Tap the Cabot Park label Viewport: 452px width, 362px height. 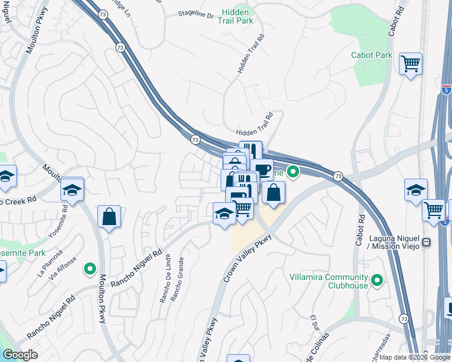pyautogui.click(x=372, y=55)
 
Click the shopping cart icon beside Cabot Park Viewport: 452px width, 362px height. pyautogui.click(x=411, y=63)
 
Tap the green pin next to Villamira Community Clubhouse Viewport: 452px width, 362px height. pyautogui.click(x=378, y=280)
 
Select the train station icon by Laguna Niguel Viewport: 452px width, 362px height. pyautogui.click(x=427, y=243)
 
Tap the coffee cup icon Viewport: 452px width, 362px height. pyautogui.click(x=262, y=170)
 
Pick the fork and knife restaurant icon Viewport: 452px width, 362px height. pyautogui.click(x=251, y=151)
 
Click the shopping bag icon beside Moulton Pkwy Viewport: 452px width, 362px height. pyautogui.click(x=109, y=217)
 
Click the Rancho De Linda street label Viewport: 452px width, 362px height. pyautogui.click(x=163, y=284)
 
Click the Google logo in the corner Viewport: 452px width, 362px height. pyautogui.click(x=20, y=355)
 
